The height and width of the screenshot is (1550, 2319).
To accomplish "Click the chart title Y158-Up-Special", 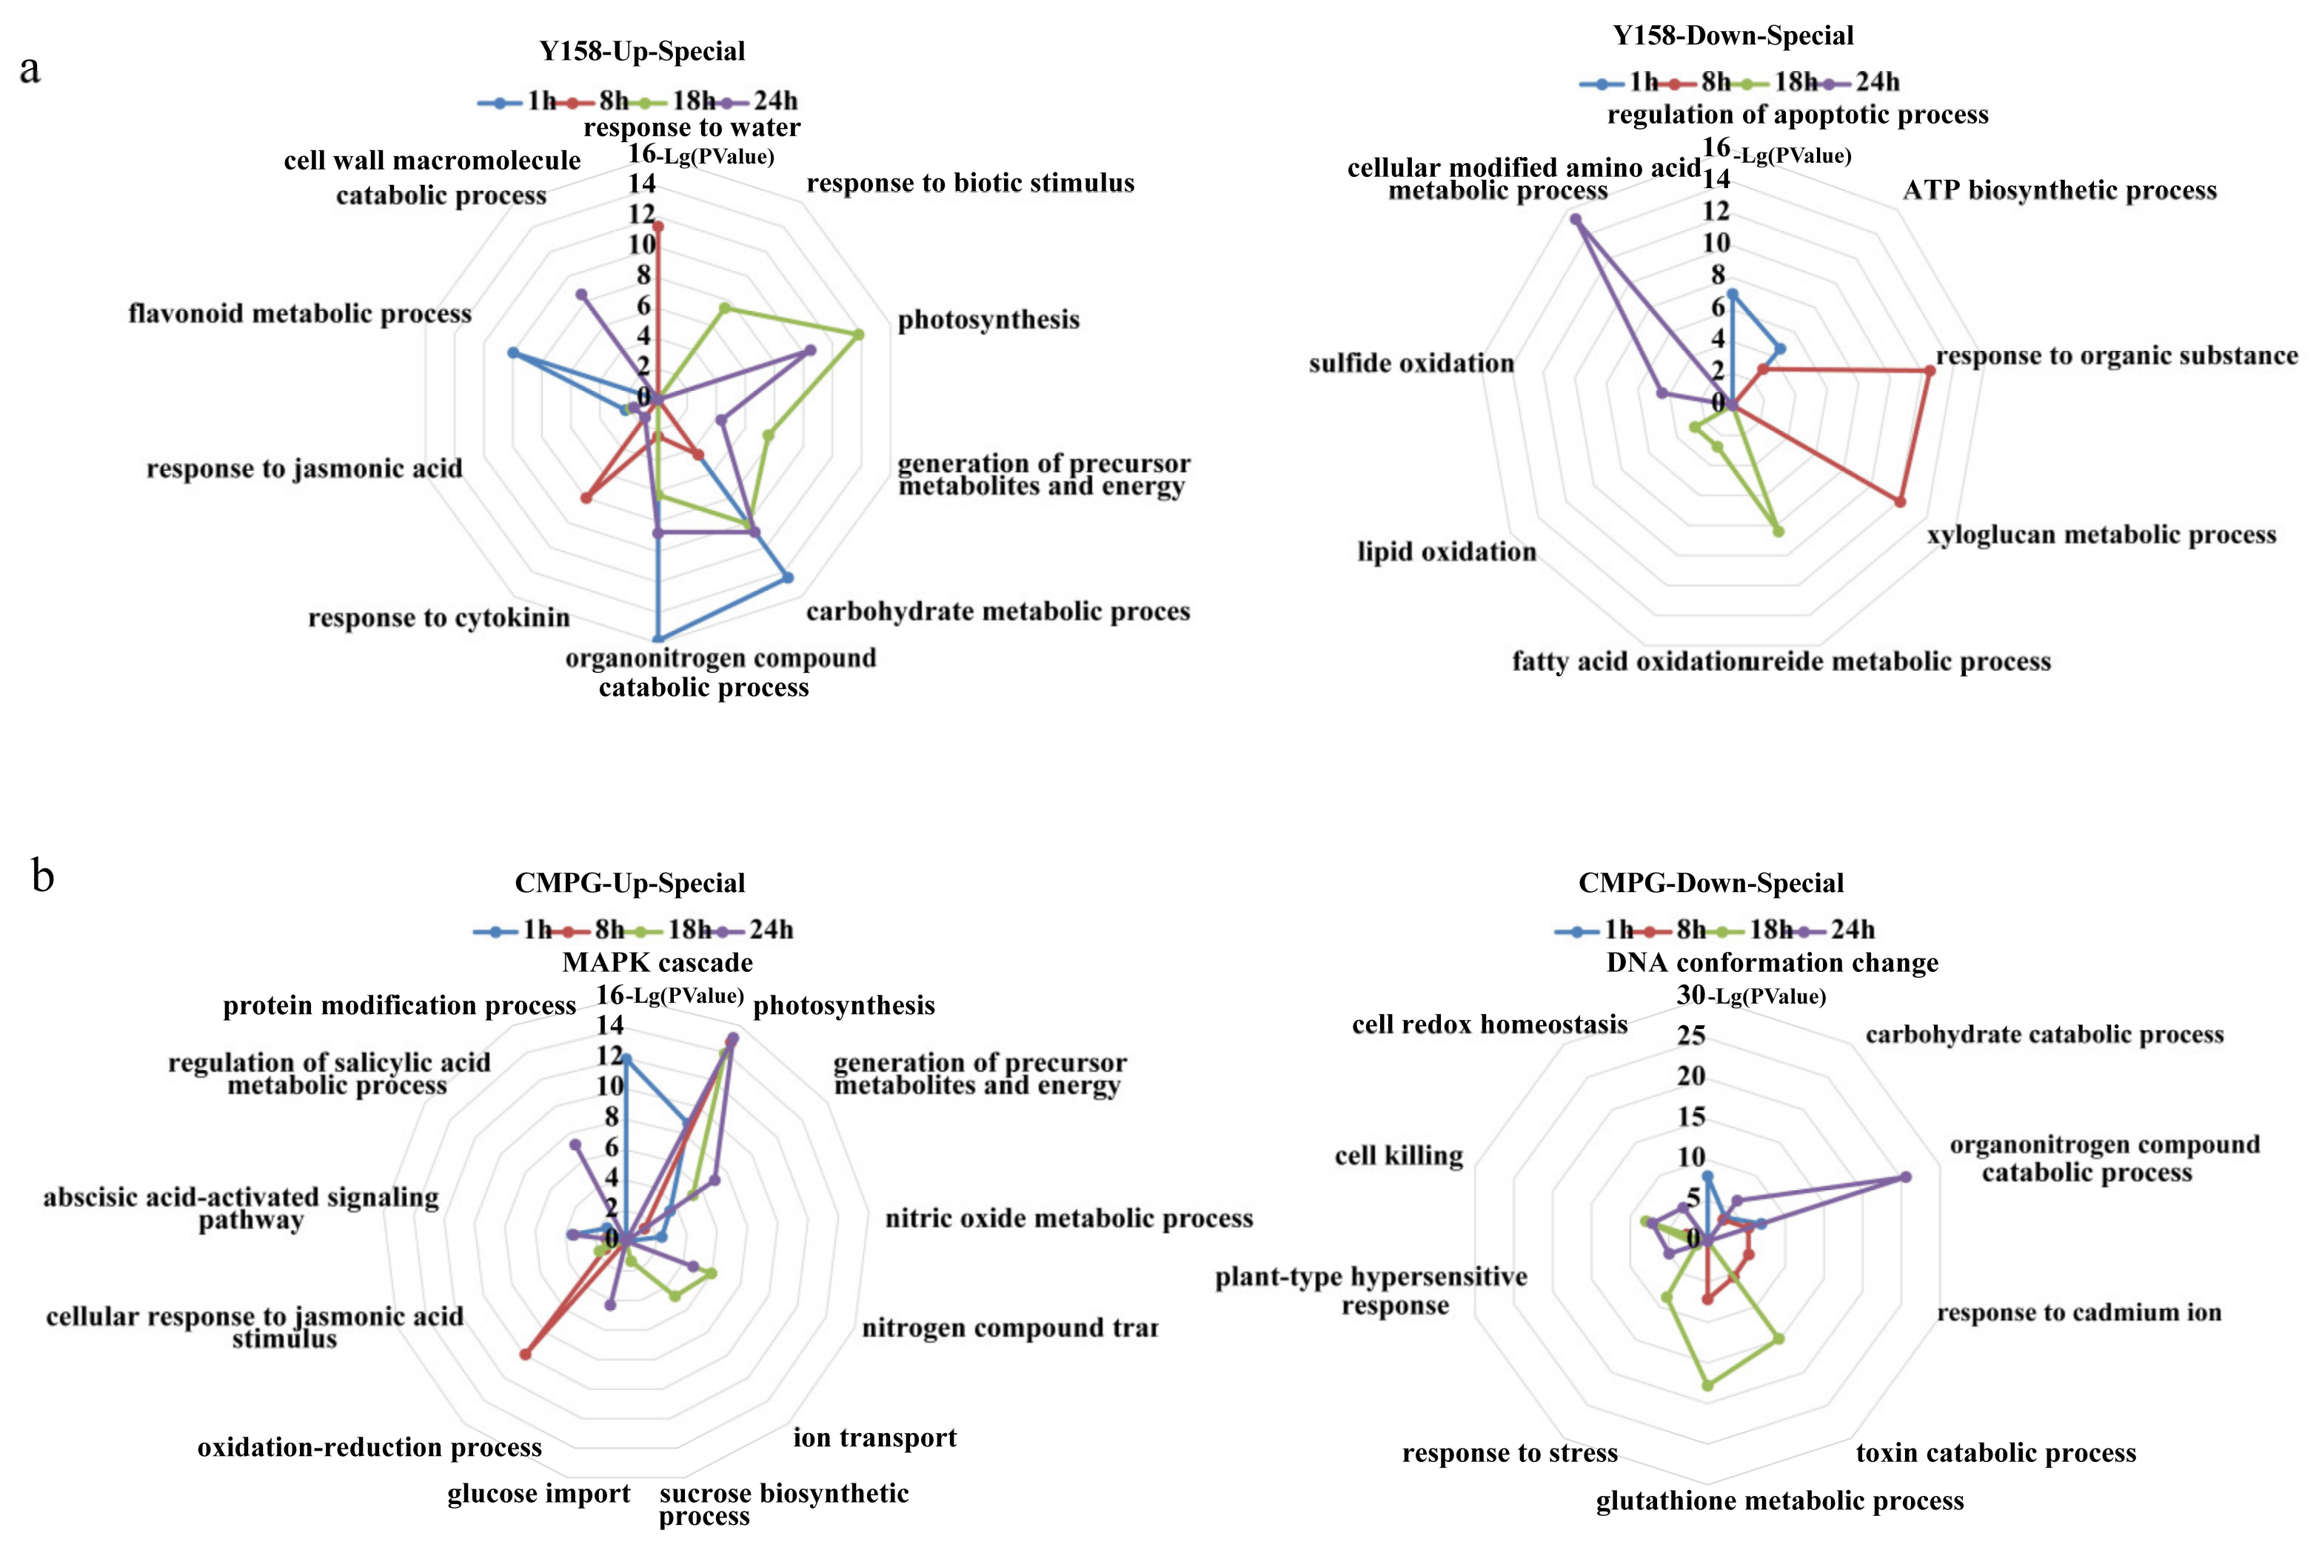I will [x=641, y=51].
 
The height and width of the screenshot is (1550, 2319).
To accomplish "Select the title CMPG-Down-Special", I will [x=1710, y=883].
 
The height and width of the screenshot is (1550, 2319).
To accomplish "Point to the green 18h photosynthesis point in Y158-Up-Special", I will [x=858, y=334].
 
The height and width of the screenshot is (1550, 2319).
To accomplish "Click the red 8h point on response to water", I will [x=657, y=227].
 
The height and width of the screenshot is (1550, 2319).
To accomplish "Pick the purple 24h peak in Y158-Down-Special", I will [x=1575, y=219].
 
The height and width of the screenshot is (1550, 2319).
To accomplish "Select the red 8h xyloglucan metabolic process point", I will [x=1900, y=502].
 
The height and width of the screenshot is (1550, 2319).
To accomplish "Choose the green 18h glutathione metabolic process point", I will [x=1707, y=1386].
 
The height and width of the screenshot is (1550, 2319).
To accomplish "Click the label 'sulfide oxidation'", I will [x=1411, y=363].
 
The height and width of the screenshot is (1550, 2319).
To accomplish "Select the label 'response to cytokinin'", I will [x=439, y=618].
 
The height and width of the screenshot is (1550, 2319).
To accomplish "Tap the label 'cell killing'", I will [x=1398, y=1155].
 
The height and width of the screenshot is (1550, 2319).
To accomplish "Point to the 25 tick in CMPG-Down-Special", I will [x=1690, y=1035].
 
